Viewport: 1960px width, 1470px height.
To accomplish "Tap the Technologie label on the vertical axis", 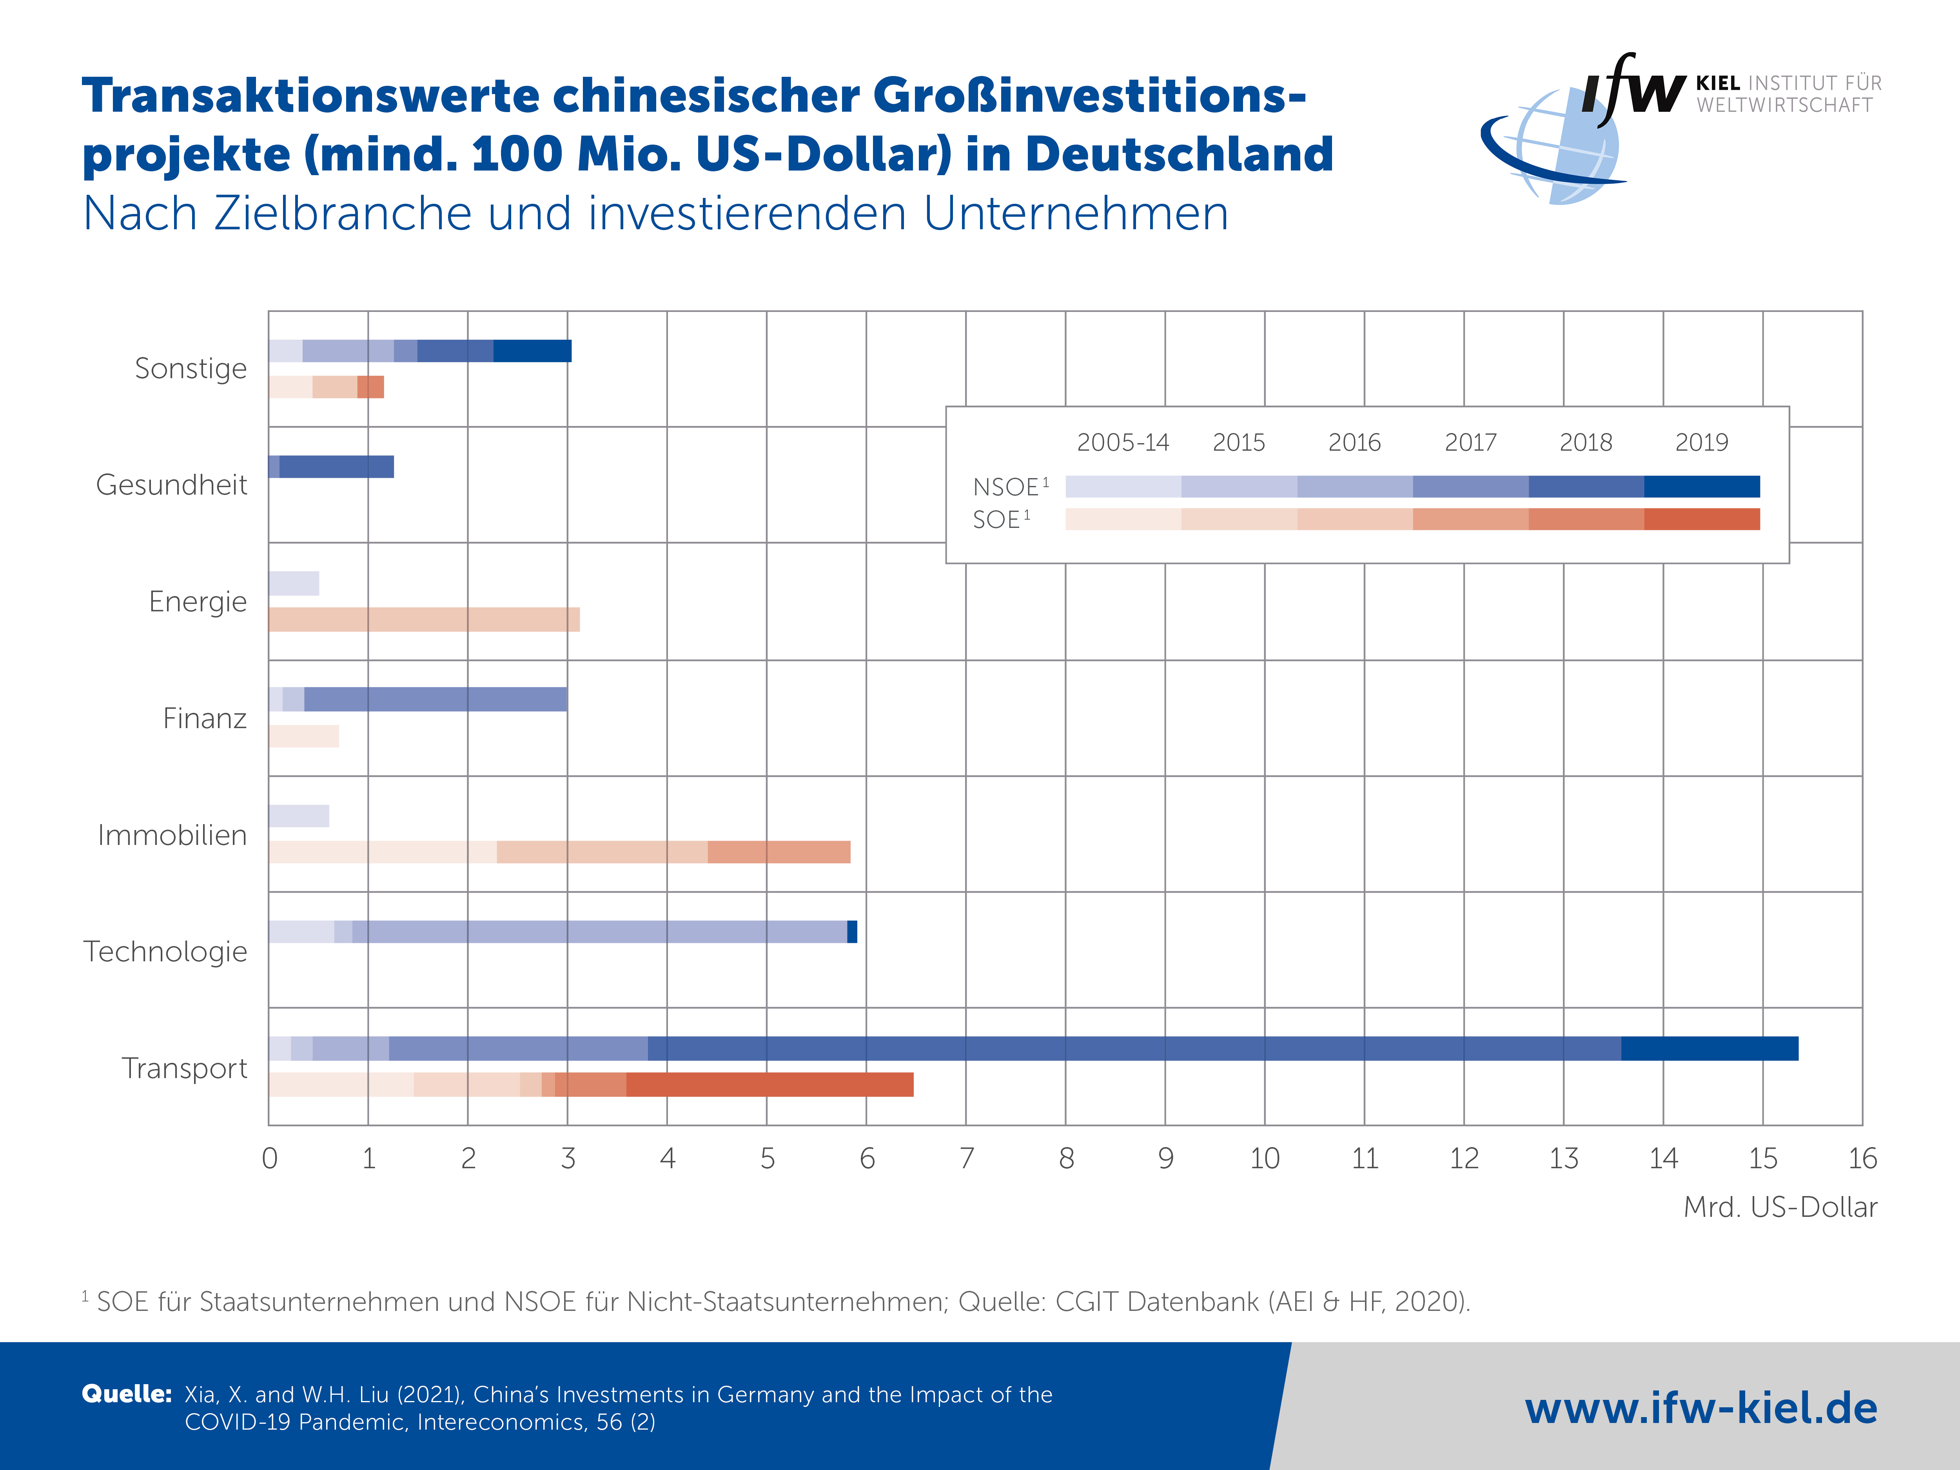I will click(166, 952).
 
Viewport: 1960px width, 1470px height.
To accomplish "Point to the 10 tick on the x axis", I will click(1265, 1158).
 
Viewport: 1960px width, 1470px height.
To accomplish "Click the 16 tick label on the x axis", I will click(1862, 1158).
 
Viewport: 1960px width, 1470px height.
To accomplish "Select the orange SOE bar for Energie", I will click(423, 619).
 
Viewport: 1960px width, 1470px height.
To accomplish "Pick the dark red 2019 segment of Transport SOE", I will click(769, 1084).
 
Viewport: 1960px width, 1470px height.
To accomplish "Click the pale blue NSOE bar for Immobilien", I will click(299, 816).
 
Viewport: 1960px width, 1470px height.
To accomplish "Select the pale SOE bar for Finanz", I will click(303, 736).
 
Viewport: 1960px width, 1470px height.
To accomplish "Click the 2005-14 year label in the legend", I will click(1123, 442).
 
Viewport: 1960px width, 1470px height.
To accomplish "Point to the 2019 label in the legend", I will click(1701, 442).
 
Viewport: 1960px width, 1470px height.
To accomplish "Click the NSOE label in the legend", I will click(1007, 488).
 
